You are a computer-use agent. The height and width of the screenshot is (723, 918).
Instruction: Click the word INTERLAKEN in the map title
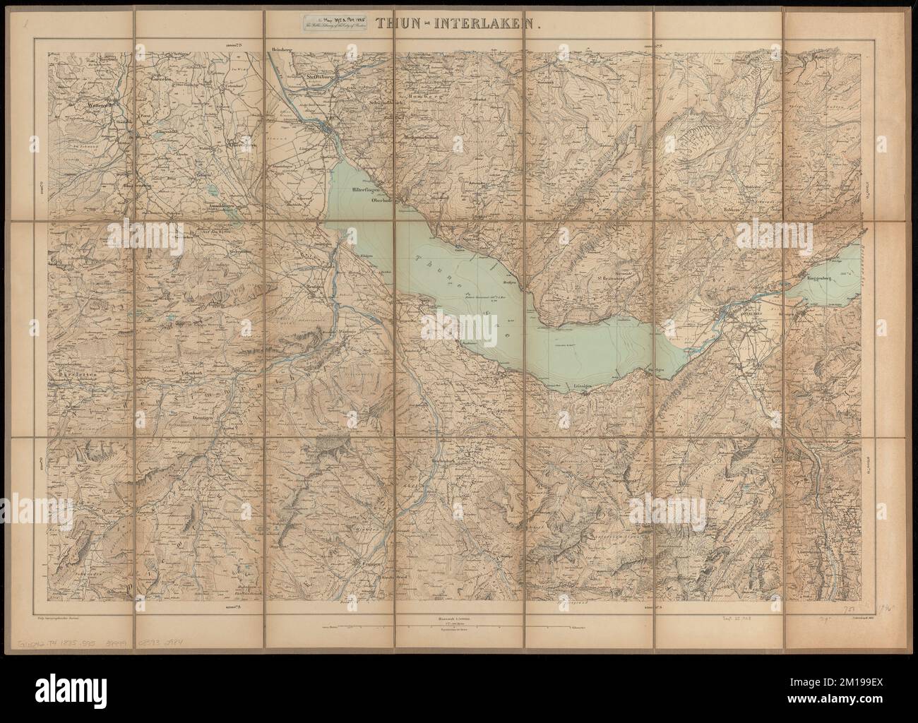click(494, 23)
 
